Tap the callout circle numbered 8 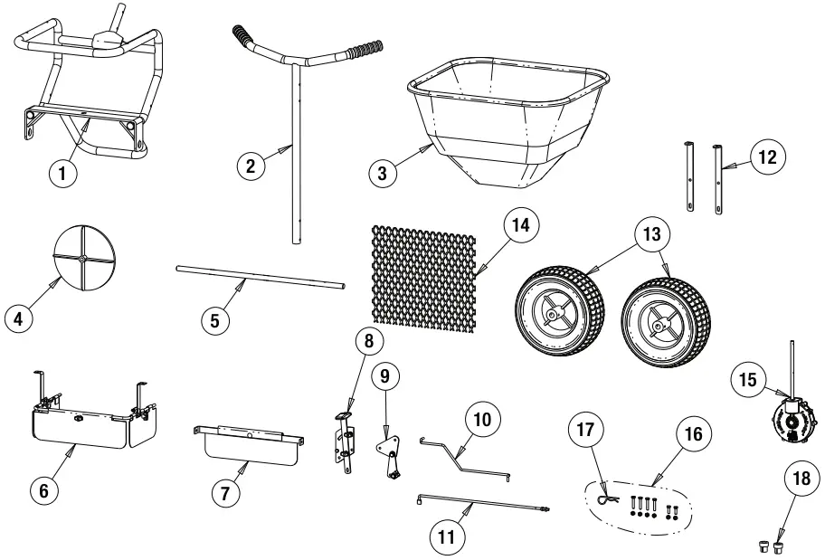tap(369, 343)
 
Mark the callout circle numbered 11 tap(446, 536)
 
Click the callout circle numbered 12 tap(767, 157)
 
